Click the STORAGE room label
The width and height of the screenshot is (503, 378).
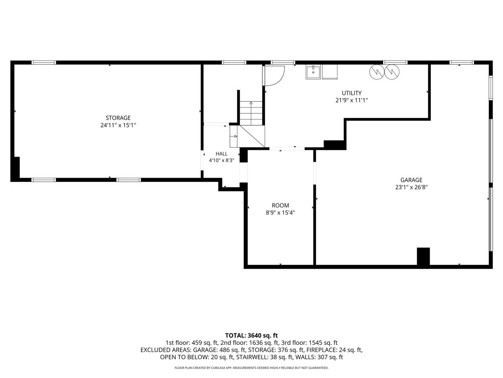[x=118, y=118]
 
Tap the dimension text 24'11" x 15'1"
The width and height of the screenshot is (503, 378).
[x=118, y=125]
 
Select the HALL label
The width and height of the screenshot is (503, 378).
[x=221, y=154]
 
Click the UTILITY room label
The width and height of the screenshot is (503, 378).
[x=352, y=93]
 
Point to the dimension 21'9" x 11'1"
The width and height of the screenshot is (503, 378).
[x=352, y=100]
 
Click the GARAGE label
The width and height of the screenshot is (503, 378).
[x=411, y=180]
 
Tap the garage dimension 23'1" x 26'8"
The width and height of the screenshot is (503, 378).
[x=411, y=187]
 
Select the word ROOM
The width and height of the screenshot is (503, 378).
[x=280, y=205]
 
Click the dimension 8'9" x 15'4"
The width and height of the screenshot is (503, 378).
[x=280, y=213]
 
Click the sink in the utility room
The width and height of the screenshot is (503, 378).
[x=313, y=72]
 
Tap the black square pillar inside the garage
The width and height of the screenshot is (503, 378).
[x=423, y=256]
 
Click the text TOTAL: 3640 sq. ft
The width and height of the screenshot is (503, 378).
[x=251, y=336]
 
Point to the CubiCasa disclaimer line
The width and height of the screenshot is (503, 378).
[x=251, y=368]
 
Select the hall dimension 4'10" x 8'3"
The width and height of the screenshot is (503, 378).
[x=221, y=160]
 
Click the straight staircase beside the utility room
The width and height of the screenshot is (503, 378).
[x=251, y=113]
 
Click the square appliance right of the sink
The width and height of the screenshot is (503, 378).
[x=330, y=72]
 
